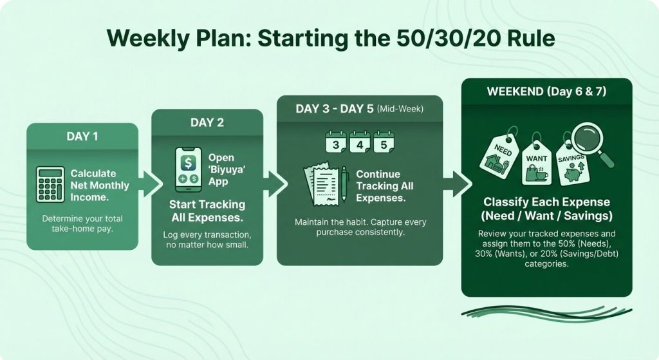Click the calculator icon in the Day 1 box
(50, 185)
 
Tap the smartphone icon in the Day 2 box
(189, 169)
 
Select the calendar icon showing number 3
(335, 143)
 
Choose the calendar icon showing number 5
(384, 143)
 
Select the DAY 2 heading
(207, 122)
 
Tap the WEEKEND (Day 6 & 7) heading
(546, 91)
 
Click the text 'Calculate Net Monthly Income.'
(99, 185)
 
